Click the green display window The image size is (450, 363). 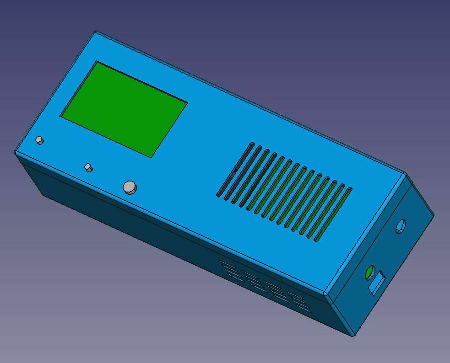coord(124,109)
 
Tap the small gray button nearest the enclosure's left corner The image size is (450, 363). coord(40,140)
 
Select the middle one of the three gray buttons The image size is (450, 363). coord(88,167)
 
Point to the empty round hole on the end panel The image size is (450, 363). coord(400,226)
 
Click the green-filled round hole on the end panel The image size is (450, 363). coord(369,273)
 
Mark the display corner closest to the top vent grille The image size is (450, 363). coord(187,102)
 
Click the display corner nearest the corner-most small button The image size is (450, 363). coord(61,116)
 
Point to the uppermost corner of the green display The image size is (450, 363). coord(97,62)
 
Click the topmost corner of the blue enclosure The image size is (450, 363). coord(96,32)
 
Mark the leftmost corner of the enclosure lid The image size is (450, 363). coord(15,152)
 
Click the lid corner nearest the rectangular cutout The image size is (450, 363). coord(326,294)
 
